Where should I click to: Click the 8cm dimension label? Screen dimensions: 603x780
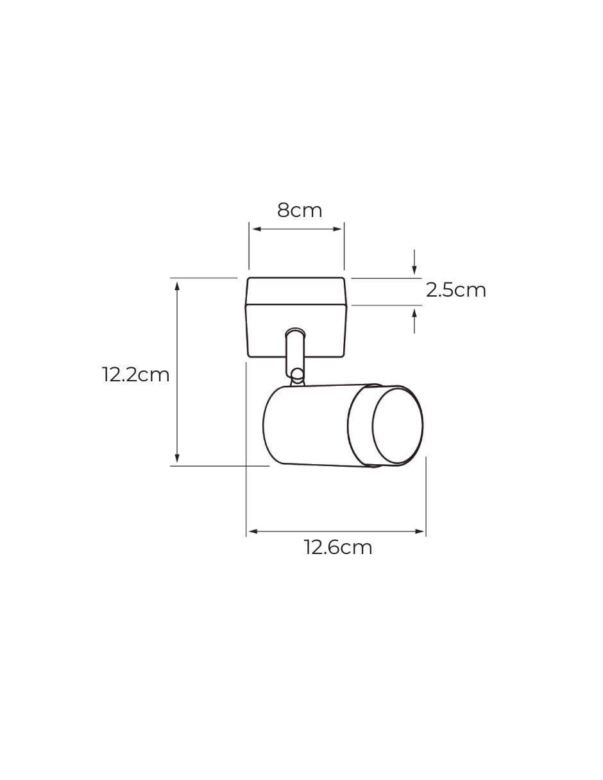point(300,211)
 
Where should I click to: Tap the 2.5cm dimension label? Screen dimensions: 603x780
point(455,290)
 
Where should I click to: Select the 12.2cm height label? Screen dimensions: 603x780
point(135,375)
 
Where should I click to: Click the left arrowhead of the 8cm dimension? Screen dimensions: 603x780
point(255,229)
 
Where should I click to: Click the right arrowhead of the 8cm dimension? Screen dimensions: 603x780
point(337,229)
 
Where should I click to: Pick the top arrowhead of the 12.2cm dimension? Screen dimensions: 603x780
point(177,287)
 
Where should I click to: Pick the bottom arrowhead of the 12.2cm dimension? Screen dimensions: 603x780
point(177,458)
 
